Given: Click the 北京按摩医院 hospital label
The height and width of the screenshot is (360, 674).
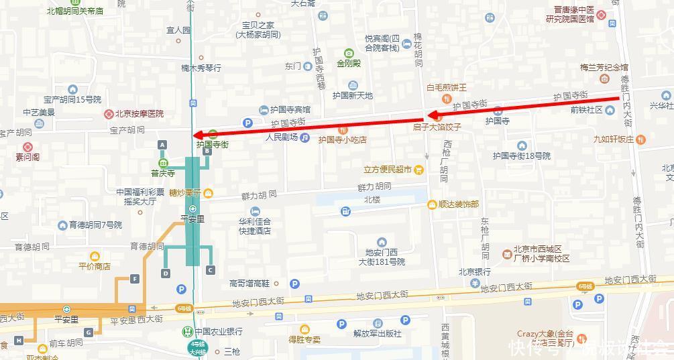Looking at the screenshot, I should coord(139,114).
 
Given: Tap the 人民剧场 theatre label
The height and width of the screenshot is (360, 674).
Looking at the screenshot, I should coord(282,138).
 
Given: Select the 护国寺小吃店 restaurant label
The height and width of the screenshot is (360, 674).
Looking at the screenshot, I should coord(342,139).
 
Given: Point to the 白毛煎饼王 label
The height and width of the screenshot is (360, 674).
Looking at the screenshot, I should coord(446,88).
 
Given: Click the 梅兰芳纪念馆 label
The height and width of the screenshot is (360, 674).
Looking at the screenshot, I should coord(604,68).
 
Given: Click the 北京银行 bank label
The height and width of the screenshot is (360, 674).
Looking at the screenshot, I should coord(475,272).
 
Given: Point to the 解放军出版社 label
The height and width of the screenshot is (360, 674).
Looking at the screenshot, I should coord(377,333).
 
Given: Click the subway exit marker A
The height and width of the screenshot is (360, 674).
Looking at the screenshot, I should coord(162,145).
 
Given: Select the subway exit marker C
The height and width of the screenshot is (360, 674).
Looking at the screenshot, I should coord(211,270).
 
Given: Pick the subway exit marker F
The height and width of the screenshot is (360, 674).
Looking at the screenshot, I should coord(135,279).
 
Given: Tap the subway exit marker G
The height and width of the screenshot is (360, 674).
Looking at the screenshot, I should coord(89,333).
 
